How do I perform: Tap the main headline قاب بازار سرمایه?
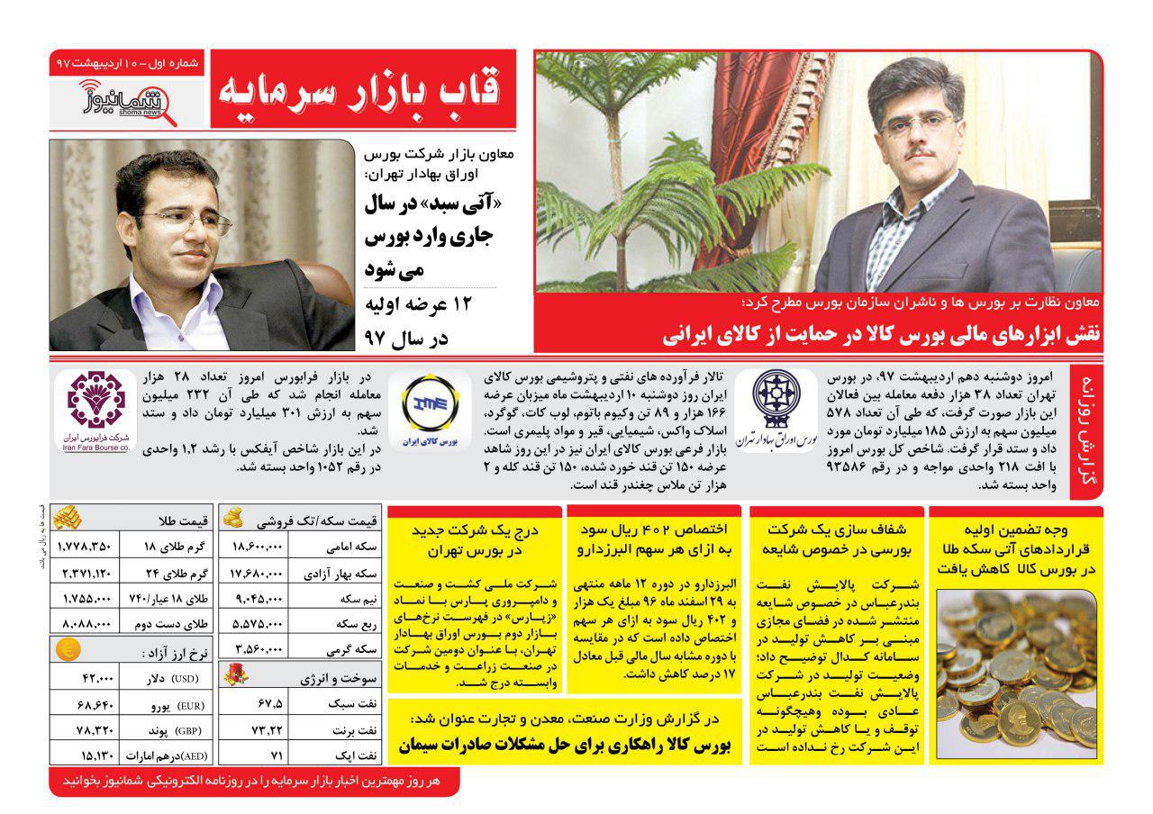click(x=364, y=89)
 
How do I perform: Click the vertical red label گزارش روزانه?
click(x=1085, y=430)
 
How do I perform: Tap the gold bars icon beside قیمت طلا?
click(x=68, y=518)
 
